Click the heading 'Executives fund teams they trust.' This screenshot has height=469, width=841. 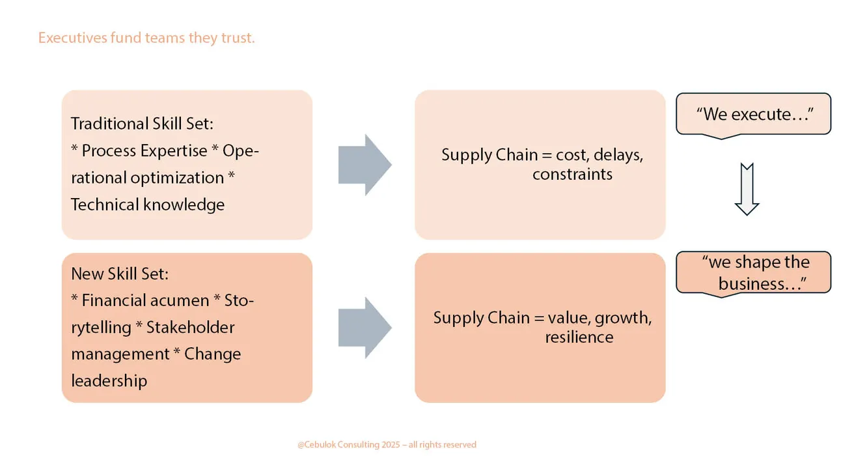pyautogui.click(x=146, y=38)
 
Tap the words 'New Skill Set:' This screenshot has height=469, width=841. pyautogui.click(x=120, y=274)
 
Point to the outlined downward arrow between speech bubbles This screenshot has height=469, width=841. pyautogui.click(x=747, y=189)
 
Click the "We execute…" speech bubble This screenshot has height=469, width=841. pyautogui.click(x=754, y=115)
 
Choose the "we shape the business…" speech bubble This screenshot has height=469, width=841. pyautogui.click(x=754, y=273)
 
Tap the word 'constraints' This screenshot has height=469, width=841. pyautogui.click(x=572, y=175)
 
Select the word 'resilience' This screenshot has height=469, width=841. pyautogui.click(x=579, y=337)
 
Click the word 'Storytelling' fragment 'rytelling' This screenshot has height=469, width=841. pyautogui.click(x=101, y=327)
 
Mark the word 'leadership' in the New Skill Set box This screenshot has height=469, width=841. pyautogui.click(x=109, y=380)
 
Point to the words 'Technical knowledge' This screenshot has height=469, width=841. pyautogui.click(x=148, y=205)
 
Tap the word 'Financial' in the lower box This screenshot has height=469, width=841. pyautogui.click(x=113, y=300)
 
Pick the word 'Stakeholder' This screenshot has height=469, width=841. pyautogui.click(x=190, y=327)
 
